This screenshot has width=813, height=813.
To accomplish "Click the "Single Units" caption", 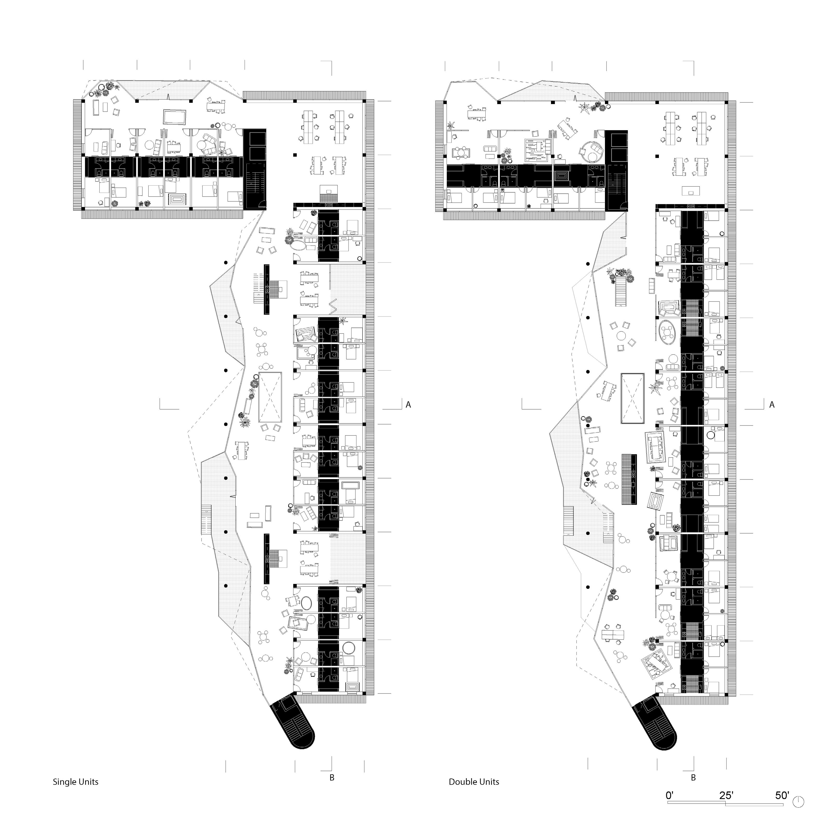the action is point(75,782).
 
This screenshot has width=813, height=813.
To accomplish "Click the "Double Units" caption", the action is point(474,782).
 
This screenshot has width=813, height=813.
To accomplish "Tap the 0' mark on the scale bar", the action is point(670,795).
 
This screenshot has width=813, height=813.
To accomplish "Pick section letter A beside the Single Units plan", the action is point(408,405).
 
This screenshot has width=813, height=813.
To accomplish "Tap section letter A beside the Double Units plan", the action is point(772,405).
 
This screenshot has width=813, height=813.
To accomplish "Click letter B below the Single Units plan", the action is point(332,778).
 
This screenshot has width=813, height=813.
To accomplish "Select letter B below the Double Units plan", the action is point(693,778).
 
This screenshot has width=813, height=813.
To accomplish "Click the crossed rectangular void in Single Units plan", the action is point(270,398).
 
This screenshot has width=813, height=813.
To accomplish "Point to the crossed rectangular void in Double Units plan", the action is point(632,398).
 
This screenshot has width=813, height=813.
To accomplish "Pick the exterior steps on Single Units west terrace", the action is point(206,520).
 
